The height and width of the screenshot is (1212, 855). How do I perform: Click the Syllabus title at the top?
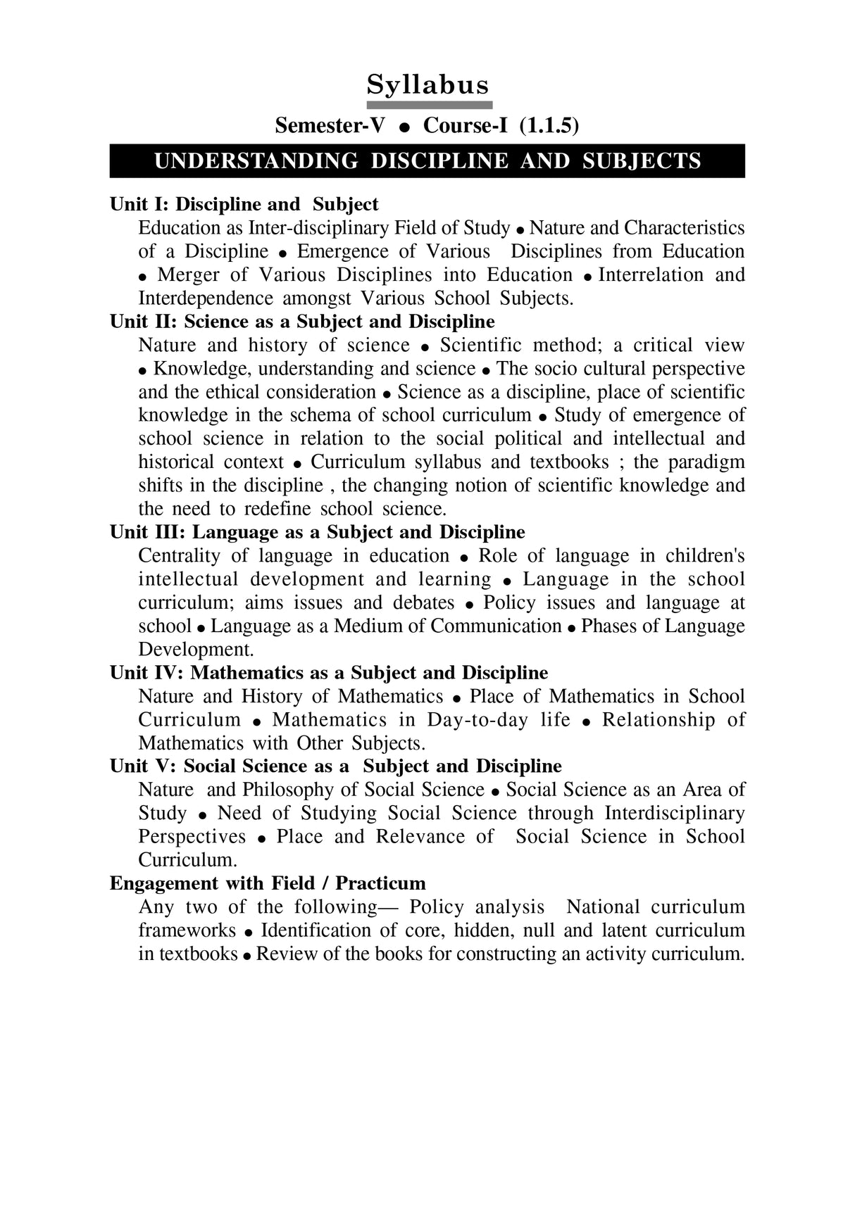(427, 84)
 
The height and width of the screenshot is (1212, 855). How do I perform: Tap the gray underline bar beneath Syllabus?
(427, 104)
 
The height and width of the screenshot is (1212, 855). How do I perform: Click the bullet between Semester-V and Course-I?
(404, 127)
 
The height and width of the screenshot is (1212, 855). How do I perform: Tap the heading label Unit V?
(144, 766)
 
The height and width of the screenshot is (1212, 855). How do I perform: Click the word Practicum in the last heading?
(380, 883)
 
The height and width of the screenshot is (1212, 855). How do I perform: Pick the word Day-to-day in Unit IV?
(478, 719)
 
